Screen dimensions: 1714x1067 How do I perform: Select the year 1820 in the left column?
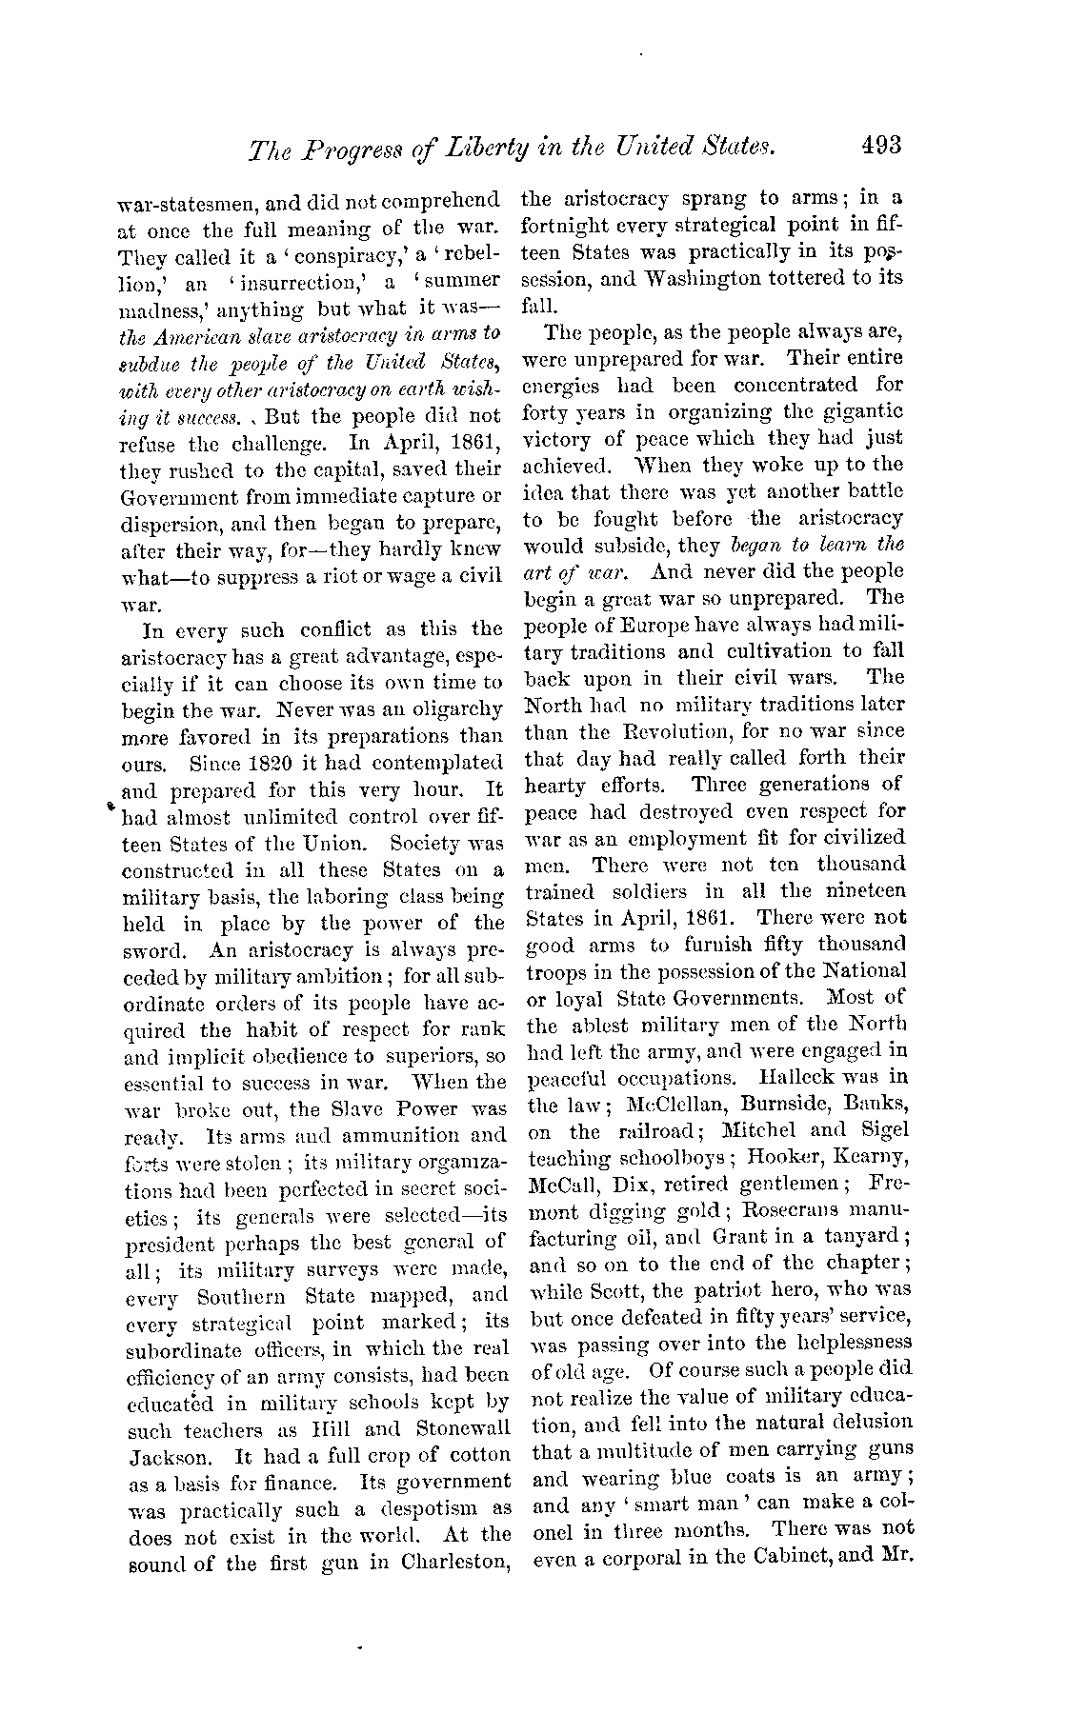(243, 764)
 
